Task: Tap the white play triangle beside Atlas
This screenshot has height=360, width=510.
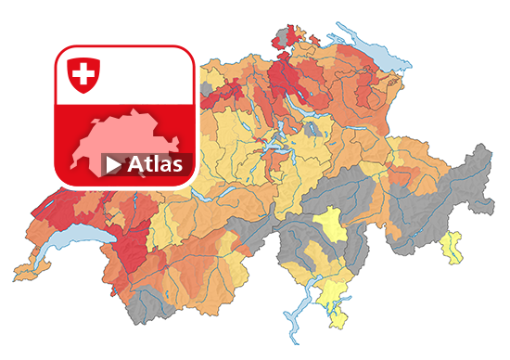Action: click(113, 165)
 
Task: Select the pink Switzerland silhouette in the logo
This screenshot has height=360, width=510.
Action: click(130, 139)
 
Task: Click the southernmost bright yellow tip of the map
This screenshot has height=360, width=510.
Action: click(339, 321)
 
